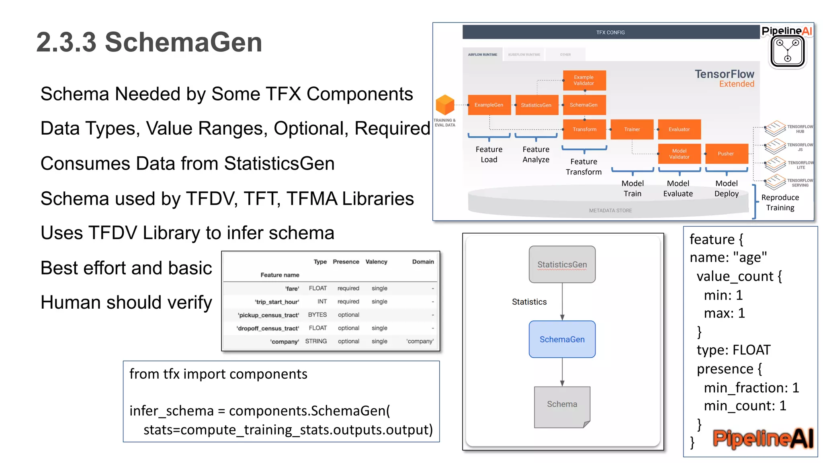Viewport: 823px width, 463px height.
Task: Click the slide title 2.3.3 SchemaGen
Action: (149, 42)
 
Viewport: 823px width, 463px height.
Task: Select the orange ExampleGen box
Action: (489, 105)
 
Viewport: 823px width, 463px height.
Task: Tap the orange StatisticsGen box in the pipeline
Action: (536, 105)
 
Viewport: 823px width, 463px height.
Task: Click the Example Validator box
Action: (584, 80)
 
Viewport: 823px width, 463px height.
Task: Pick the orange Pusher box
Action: (726, 154)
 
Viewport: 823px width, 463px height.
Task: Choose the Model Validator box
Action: (679, 154)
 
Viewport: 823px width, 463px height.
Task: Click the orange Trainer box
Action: (632, 129)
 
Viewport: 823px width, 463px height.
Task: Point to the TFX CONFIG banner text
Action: (610, 33)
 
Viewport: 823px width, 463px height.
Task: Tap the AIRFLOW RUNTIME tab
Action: (482, 55)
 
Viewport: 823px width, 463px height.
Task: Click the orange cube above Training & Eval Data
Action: (445, 104)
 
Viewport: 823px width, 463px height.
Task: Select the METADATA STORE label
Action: (610, 211)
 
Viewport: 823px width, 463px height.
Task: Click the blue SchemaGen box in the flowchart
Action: (562, 339)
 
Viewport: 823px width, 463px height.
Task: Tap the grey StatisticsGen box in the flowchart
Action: (562, 264)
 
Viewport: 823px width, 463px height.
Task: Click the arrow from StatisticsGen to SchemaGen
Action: (562, 301)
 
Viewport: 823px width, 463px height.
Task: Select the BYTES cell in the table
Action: (317, 315)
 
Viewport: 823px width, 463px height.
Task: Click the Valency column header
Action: (376, 262)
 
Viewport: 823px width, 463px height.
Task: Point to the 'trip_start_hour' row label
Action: (277, 302)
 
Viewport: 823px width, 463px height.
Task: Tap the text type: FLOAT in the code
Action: (733, 350)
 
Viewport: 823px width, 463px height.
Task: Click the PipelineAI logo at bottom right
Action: (763, 438)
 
